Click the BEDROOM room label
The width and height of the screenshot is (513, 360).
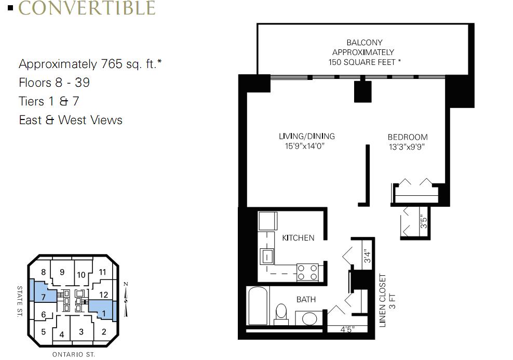point(408,137)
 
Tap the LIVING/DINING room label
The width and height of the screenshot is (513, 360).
point(306,136)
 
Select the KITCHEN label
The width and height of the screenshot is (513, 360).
point(298,238)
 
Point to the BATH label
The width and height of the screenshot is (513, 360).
point(306,299)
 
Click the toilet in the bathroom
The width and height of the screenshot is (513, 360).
point(281,314)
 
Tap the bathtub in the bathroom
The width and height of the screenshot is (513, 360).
point(258,305)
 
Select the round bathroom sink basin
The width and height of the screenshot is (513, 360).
point(309,318)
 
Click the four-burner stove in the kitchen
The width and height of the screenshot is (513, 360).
point(307,272)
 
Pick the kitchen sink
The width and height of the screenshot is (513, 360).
point(267,257)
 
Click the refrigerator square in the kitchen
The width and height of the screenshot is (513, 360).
point(268,221)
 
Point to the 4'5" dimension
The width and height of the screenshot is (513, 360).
point(347,329)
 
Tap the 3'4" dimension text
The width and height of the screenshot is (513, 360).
point(368,256)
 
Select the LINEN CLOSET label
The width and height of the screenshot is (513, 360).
point(383,300)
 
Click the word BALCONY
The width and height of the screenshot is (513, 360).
point(365,43)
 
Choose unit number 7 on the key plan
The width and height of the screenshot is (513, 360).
point(43,297)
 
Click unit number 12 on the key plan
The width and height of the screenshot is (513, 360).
point(103,295)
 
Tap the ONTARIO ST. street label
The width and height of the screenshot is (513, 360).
point(74,354)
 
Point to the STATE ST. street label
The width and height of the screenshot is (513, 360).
point(20,301)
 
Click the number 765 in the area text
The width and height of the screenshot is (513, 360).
point(112,64)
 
